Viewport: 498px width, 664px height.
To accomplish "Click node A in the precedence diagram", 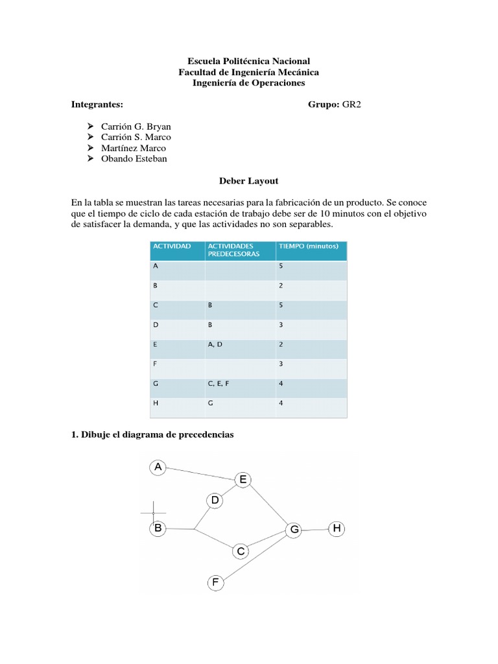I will [x=158, y=466].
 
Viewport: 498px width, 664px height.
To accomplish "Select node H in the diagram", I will [x=337, y=529].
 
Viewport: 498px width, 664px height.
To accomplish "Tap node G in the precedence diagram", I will [x=294, y=530].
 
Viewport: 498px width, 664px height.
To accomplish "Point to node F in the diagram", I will [x=215, y=582].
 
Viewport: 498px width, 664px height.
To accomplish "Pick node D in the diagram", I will [x=215, y=500].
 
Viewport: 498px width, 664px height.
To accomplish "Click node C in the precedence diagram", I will [x=241, y=551].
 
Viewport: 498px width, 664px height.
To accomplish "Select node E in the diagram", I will [x=243, y=480].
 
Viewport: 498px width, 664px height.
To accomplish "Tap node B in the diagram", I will [x=158, y=528].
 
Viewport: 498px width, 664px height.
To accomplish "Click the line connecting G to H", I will [x=316, y=530].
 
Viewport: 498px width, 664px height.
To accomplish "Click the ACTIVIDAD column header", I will [x=171, y=246].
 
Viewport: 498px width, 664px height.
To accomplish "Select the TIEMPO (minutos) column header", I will [x=303, y=246].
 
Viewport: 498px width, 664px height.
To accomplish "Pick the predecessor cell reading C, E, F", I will [x=219, y=383].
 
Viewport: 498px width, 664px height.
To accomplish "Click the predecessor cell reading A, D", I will [x=215, y=344].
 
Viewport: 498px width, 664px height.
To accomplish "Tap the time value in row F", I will [x=280, y=364].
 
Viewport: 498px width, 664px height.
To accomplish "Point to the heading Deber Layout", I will [x=248, y=182].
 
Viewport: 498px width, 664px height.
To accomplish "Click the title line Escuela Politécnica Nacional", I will [x=248, y=61].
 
